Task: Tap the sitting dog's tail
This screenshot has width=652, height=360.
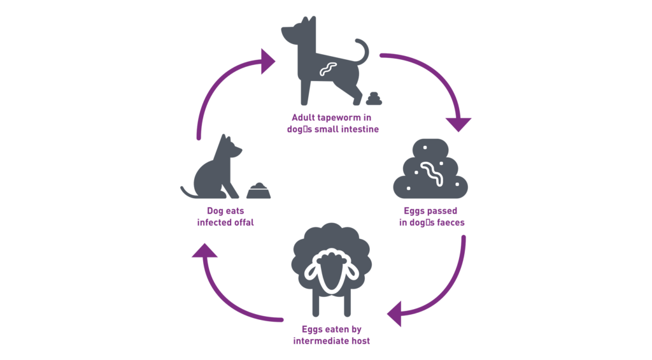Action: [189, 192]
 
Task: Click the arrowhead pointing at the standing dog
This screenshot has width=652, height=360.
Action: [268, 62]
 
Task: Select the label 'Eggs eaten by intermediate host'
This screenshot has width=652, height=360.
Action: [331, 335]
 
